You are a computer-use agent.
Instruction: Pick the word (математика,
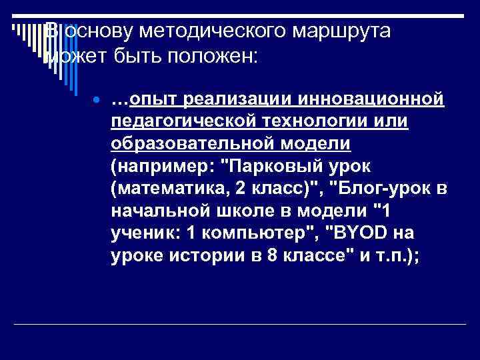click(169, 189)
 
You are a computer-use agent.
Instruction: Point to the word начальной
click(153, 212)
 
